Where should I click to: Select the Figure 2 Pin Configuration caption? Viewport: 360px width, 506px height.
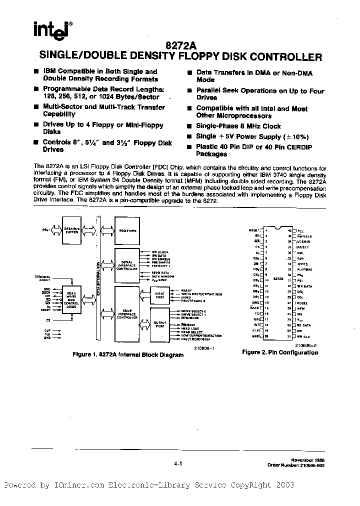click(280, 352)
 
